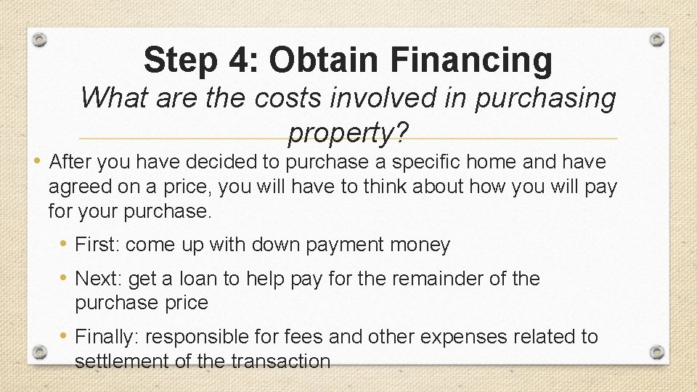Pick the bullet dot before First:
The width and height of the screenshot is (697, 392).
[x=65, y=245]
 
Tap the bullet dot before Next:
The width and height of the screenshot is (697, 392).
[x=65, y=278]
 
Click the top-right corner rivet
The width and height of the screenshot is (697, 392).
[x=657, y=38]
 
